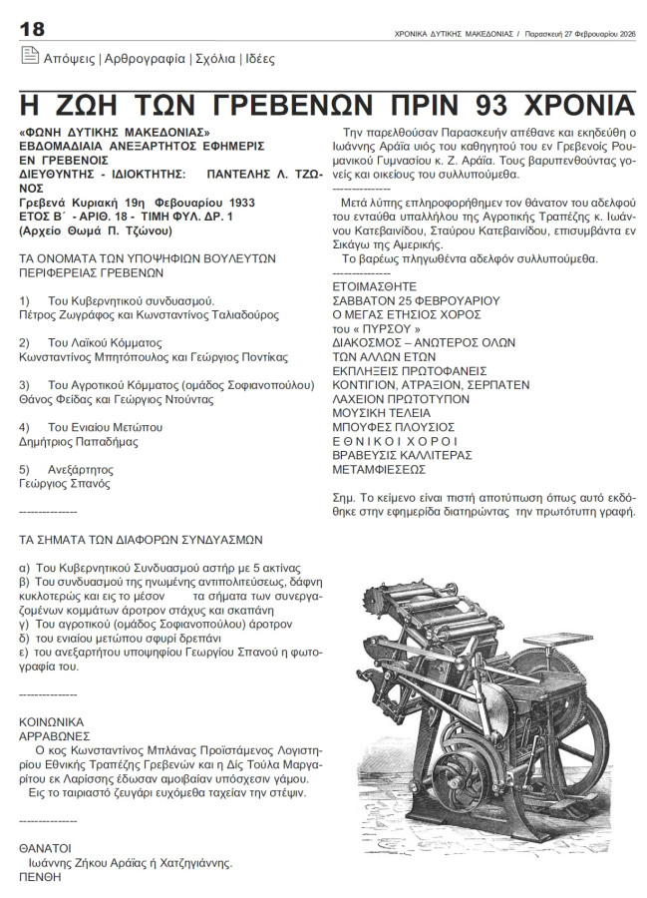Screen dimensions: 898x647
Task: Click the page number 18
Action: (x=33, y=29)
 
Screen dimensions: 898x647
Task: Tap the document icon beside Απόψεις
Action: (x=29, y=59)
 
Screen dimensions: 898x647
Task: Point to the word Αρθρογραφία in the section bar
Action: (x=144, y=60)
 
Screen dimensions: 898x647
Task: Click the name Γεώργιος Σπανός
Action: (x=67, y=481)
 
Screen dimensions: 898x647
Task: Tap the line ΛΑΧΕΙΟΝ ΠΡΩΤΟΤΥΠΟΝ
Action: (x=396, y=397)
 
